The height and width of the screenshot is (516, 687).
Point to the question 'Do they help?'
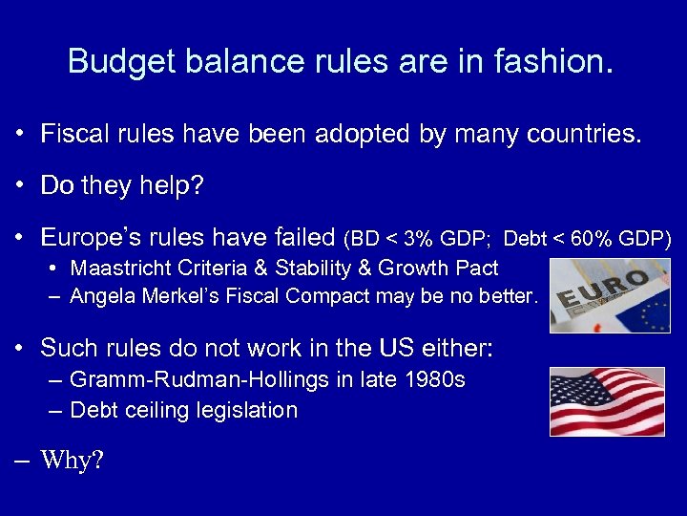coord(122,185)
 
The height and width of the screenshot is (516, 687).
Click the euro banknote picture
coord(610,295)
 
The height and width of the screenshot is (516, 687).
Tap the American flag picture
coord(607,401)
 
